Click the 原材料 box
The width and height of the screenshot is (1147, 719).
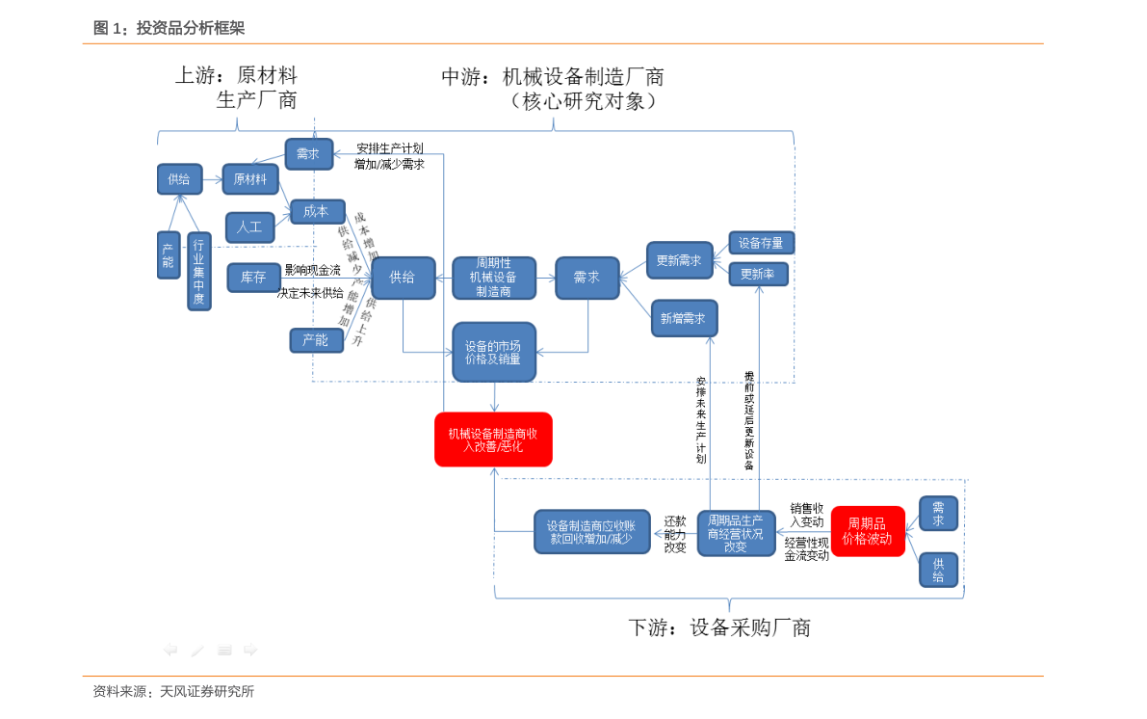coord(250,179)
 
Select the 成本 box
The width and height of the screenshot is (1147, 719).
coord(317,212)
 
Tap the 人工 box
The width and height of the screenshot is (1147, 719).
coord(249,226)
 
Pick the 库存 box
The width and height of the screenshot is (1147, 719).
coord(253,278)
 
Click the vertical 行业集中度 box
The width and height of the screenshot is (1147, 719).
coord(199,272)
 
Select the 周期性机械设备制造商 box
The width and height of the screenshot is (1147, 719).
coord(493,278)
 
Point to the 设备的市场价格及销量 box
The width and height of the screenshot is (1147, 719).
coord(493,352)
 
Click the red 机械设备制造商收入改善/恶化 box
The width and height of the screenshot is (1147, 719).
coord(493,439)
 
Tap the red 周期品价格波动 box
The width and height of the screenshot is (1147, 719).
coord(867,531)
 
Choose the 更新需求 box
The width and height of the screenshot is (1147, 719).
coord(678,260)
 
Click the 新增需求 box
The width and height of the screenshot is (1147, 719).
coord(684,318)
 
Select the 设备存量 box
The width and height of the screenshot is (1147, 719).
coord(761,243)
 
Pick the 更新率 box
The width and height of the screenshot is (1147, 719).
coord(758,275)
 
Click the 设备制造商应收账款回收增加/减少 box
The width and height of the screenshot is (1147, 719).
coord(591,532)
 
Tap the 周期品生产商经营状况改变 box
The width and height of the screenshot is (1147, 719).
coord(736,533)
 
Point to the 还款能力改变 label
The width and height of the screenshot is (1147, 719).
coord(675,534)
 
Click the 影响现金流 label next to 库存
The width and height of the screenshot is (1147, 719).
coord(313,271)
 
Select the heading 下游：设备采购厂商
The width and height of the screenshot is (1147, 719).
coord(719,628)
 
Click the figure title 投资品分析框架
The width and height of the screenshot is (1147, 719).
coord(190,29)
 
